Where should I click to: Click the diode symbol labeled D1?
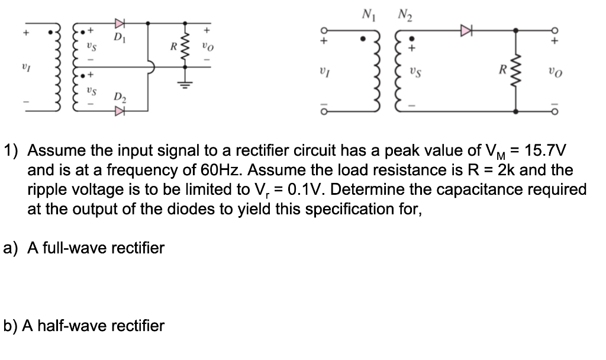pyautogui.click(x=120, y=24)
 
